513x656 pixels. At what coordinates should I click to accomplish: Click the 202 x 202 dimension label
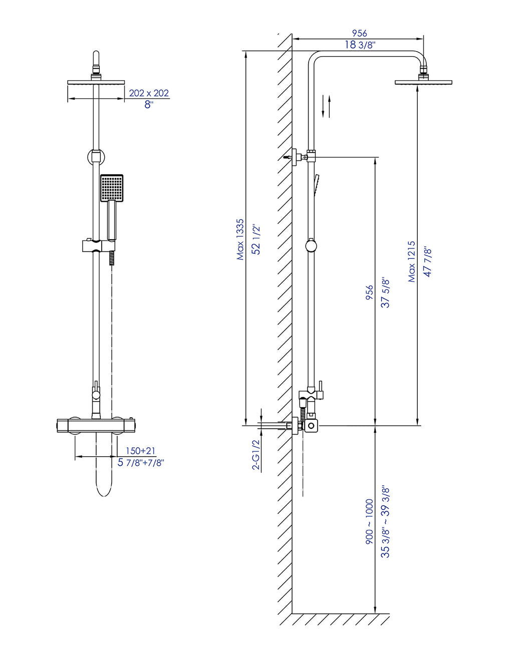click(x=149, y=93)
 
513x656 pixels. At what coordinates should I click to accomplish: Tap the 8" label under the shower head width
click(x=149, y=105)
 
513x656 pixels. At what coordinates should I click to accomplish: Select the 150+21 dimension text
click(x=140, y=451)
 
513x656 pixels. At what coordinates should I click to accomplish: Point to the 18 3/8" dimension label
click(x=360, y=45)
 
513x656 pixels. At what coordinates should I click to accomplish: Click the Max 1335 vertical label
click(x=240, y=239)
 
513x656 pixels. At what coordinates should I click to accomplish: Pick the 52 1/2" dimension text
click(x=256, y=239)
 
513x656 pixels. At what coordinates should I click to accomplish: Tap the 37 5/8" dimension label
click(x=385, y=292)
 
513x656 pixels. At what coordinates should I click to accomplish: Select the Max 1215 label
click(x=411, y=261)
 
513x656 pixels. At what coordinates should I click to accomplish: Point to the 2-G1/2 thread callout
click(x=255, y=455)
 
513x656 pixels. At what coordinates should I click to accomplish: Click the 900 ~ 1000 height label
click(x=369, y=522)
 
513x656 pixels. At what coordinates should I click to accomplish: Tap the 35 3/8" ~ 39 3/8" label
click(x=385, y=522)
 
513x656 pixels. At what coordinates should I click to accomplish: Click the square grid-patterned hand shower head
click(x=112, y=188)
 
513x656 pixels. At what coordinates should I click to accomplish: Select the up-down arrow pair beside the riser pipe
click(x=326, y=106)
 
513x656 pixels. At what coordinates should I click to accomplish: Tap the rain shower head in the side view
click(x=423, y=82)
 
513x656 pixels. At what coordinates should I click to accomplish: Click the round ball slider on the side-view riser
click(x=311, y=246)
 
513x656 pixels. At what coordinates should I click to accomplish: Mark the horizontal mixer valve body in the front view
click(x=96, y=426)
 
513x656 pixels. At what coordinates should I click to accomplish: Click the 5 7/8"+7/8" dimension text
click(x=141, y=463)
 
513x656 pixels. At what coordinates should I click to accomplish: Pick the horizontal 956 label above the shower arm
click(x=359, y=33)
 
